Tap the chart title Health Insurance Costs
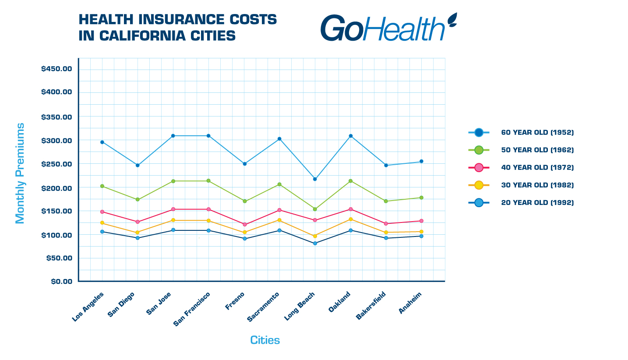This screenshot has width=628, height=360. coord(177,27)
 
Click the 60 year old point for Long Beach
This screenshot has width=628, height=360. coord(315,179)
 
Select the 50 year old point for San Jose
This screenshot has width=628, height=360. coord(173,181)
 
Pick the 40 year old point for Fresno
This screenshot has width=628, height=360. coord(245,225)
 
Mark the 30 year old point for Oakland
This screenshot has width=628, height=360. coord(351,219)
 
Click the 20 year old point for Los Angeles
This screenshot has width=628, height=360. coord(102,231)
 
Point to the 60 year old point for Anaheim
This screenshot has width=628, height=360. coord(421,161)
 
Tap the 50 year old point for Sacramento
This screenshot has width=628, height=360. coord(279,184)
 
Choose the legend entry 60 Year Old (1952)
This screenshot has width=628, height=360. coord(537,132)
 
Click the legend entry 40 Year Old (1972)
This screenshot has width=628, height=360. coord(537,167)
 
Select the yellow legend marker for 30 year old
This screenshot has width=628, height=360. coord(479,185)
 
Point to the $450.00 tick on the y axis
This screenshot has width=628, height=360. coord(56,69)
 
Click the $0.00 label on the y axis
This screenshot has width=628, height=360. coord(61,281)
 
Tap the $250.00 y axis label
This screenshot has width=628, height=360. coord(56,164)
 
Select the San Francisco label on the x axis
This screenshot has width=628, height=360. coord(192,309)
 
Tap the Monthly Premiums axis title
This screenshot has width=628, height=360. coord(20,173)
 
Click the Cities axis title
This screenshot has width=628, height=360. coord(265,340)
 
